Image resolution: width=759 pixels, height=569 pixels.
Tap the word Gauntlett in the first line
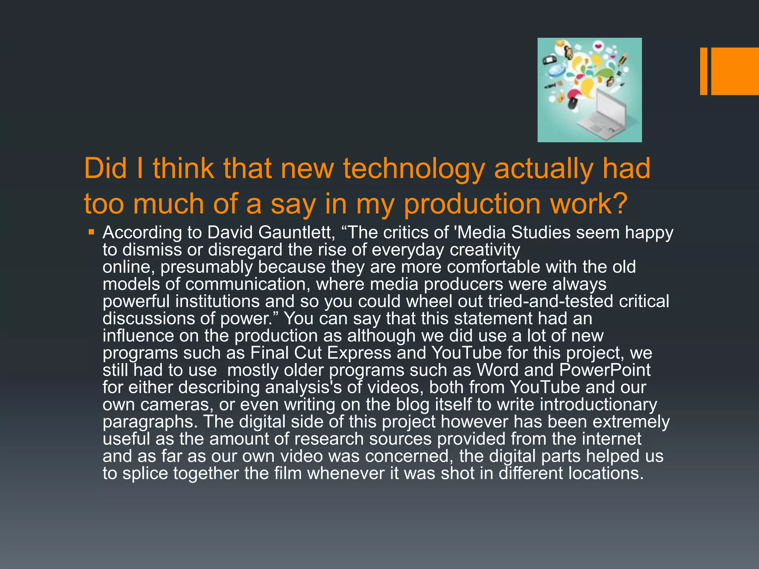(297, 233)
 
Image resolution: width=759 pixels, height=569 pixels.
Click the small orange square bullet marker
(91, 233)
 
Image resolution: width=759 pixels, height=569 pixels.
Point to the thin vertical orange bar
(703, 71)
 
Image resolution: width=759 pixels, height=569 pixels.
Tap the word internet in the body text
(611, 439)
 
